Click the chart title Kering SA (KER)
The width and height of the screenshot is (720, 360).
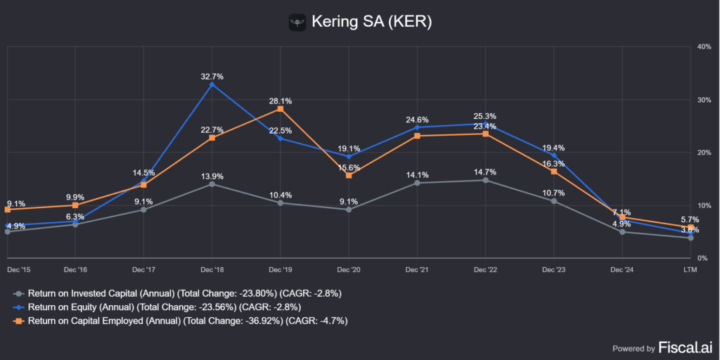click(x=371, y=22)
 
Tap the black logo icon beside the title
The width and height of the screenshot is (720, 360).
click(x=298, y=22)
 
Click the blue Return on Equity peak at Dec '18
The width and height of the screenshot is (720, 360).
click(x=212, y=84)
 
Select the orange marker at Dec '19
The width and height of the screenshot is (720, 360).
click(x=280, y=109)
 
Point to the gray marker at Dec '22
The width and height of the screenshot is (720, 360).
click(x=485, y=180)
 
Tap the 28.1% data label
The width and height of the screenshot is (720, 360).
click(x=280, y=101)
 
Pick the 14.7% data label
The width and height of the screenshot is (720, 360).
click(x=485, y=172)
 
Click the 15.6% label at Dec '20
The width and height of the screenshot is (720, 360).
click(x=349, y=167)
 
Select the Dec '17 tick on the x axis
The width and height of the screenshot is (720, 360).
click(x=143, y=269)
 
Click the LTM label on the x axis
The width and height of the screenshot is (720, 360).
click(x=690, y=269)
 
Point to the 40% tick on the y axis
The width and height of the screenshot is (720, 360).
click(x=704, y=46)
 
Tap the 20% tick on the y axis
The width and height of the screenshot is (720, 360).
click(x=704, y=153)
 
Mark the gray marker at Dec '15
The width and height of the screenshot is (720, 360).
click(x=7, y=231)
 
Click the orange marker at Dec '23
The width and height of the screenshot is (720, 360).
click(x=553, y=172)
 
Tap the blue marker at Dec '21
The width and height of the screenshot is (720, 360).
click(x=417, y=127)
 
